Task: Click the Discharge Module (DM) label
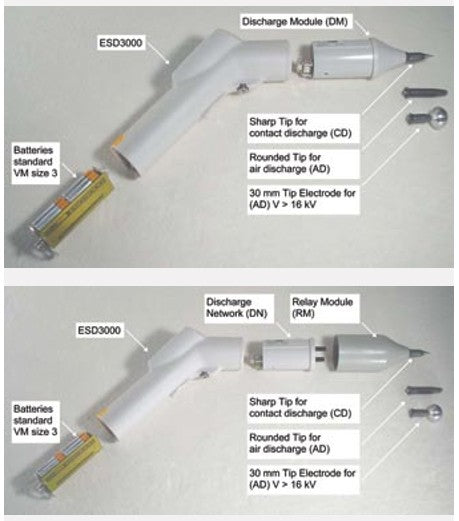[x=295, y=22]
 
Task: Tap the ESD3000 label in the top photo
[x=121, y=43]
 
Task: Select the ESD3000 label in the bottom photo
[x=99, y=330]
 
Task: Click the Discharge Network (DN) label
[x=237, y=308]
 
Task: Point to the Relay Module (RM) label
[x=322, y=308]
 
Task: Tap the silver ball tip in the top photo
[x=428, y=117]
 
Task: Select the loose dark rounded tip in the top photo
[x=425, y=92]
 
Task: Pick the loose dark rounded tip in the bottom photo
[x=424, y=390]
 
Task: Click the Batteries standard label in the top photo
[x=35, y=162]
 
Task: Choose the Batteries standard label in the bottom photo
[x=35, y=420]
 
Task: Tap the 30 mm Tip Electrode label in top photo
[x=303, y=199]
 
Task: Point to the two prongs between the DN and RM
[x=320, y=353]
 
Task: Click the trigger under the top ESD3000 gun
[x=241, y=89]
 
